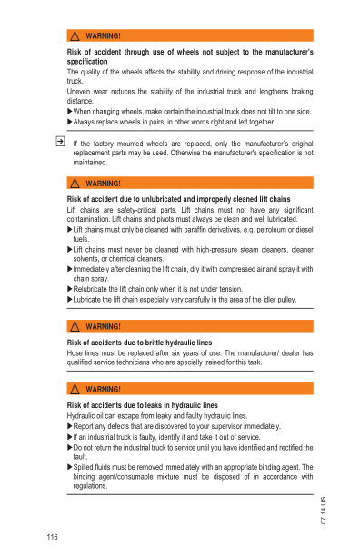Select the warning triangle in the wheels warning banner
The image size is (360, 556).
pos(74,35)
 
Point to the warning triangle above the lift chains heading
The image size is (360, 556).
pos(74,184)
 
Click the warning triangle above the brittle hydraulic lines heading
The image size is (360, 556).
pos(74,325)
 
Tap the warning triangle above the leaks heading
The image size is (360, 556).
pos(74,389)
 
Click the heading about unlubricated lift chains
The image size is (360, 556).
pos(179,198)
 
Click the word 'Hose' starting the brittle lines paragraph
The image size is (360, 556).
pos(76,352)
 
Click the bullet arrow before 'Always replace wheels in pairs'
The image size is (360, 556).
pos(70,122)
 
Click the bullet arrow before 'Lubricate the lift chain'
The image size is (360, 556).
pos(70,299)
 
